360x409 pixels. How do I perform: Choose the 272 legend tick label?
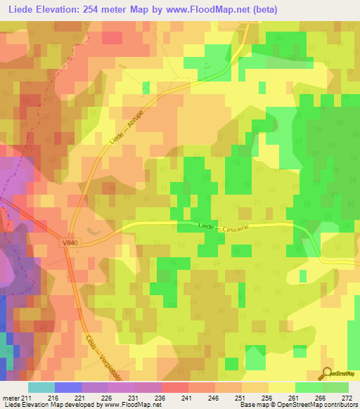[347, 397]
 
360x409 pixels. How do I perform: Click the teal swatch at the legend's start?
[41, 387]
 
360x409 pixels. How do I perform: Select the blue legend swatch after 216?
[67, 387]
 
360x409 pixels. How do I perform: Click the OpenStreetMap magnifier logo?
[327, 375]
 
